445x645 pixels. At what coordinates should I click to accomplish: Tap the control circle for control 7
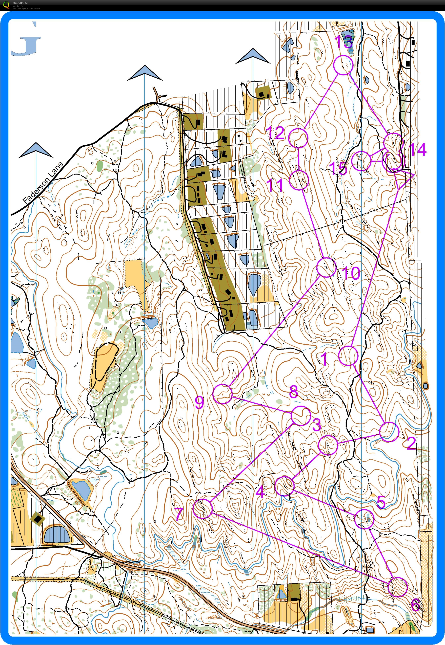pyautogui.click(x=203, y=509)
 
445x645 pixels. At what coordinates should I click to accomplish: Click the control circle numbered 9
pyautogui.click(x=222, y=394)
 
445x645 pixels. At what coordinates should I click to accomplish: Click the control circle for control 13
pyautogui.click(x=343, y=65)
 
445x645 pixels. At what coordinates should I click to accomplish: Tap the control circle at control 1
pyautogui.click(x=348, y=356)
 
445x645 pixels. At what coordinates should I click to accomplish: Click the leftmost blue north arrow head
pyautogui.click(x=36, y=150)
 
